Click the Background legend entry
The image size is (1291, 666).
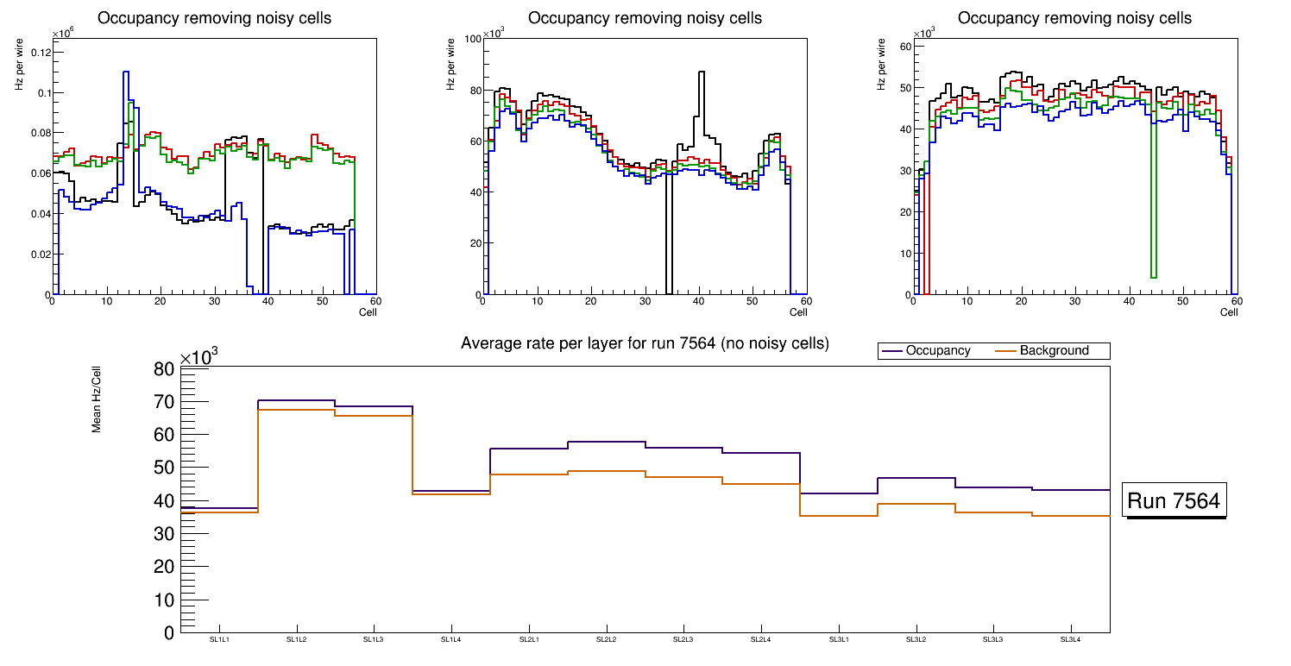[1054, 350]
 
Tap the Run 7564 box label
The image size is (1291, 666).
[1174, 501]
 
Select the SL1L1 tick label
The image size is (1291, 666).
[219, 639]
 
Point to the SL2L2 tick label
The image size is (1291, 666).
[606, 639]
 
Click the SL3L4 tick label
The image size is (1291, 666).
[1070, 639]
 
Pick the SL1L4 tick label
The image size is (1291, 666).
[451, 639]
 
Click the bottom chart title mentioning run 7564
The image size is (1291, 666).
[645, 343]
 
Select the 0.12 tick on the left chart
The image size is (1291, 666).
[40, 53]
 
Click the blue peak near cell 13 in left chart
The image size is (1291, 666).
[126, 73]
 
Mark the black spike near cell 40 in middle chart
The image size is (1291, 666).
[702, 73]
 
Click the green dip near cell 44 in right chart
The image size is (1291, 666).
[1154, 276]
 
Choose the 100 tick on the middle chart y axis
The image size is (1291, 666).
[472, 39]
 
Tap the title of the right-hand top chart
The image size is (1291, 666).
[1074, 17]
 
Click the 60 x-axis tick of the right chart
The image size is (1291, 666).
[1236, 301]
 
